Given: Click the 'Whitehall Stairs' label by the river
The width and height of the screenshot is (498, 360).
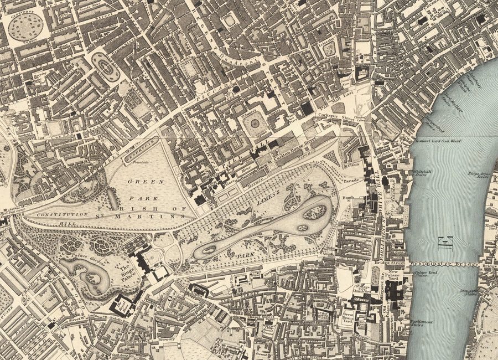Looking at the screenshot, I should [x=423, y=173].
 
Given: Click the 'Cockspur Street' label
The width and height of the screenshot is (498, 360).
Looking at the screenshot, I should [x=331, y=116].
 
